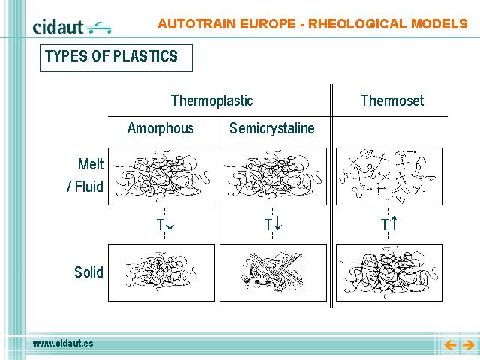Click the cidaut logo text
point(58,27)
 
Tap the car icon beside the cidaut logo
point(98,28)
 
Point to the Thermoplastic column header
point(211,100)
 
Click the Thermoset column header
point(392,100)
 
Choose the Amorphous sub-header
point(160,128)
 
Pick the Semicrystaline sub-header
point(271,128)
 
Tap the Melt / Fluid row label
point(85,175)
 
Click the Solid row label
point(88,272)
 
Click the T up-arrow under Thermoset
point(389,224)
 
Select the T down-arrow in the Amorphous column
point(165,224)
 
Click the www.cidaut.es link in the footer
point(63,343)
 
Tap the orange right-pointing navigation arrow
point(468,345)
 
